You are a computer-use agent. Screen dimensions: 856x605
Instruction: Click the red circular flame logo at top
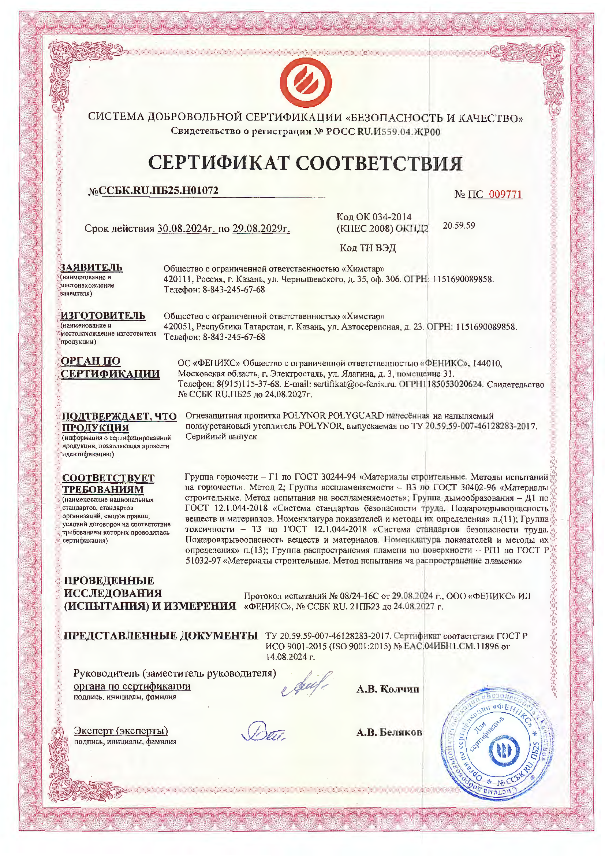point(306,82)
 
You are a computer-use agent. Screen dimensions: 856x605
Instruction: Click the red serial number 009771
point(505,194)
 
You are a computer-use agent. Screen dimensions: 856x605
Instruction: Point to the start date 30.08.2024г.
point(186,228)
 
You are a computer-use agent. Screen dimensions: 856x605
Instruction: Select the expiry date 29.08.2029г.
point(261,228)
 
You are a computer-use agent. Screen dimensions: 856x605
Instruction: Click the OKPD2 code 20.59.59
point(459,225)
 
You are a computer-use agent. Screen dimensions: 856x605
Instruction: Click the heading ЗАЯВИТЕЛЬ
point(91,267)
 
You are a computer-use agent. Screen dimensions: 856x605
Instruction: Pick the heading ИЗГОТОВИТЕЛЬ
point(103,316)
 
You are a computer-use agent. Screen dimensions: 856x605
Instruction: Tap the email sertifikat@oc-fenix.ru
point(354,384)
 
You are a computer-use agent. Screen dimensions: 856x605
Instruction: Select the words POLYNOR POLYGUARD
point(333,416)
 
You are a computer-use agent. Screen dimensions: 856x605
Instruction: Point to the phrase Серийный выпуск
point(221,436)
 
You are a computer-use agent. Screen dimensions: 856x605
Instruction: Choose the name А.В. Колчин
point(388,689)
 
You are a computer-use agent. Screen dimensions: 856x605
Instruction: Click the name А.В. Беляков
point(389,733)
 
